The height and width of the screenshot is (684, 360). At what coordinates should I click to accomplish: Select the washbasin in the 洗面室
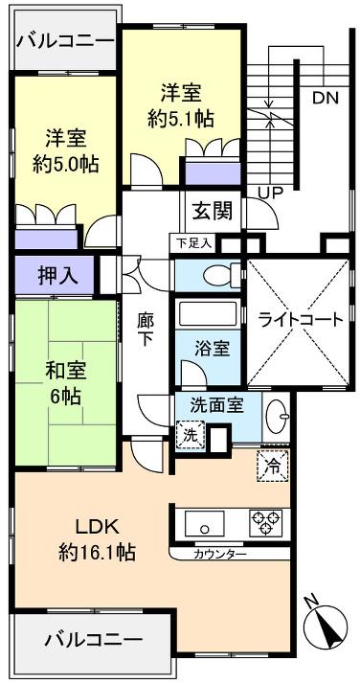(278, 416)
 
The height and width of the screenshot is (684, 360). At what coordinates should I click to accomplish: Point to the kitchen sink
(205, 524)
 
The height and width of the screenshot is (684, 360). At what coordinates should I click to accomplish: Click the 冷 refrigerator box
(271, 468)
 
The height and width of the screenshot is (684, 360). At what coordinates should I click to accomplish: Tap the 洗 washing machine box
(190, 433)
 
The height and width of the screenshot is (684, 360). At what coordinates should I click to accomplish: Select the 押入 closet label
(53, 275)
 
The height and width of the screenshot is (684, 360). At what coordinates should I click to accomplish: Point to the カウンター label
(220, 555)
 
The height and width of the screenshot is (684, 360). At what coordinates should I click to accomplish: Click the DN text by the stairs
(326, 96)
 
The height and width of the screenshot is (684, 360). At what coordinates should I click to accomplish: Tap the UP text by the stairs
(271, 193)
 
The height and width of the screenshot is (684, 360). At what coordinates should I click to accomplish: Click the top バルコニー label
(65, 41)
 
